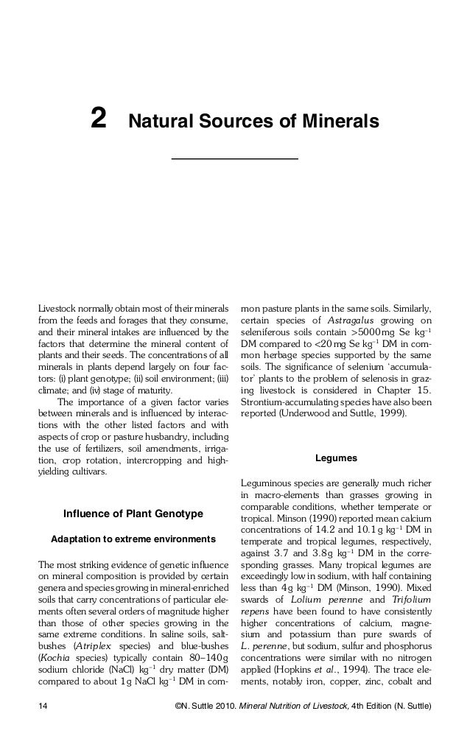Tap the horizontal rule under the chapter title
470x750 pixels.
(234, 158)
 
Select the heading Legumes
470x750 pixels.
(336, 458)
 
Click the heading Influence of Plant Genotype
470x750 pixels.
(133, 513)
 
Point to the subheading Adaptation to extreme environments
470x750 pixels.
(133, 540)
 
